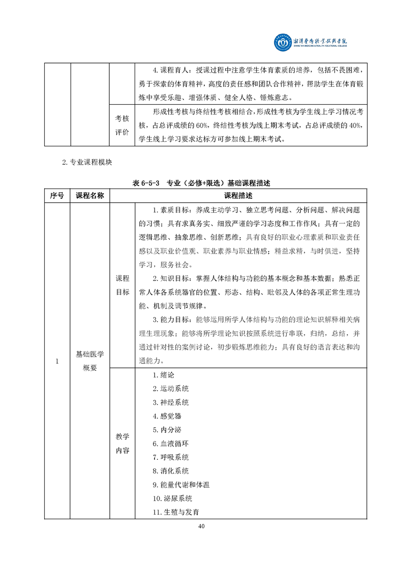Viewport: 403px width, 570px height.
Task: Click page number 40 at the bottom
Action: pos(202,526)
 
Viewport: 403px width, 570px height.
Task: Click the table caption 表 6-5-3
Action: pos(144,182)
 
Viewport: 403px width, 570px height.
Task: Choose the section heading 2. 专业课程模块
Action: pos(85,163)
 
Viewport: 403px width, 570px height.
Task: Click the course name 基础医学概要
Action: pos(89,361)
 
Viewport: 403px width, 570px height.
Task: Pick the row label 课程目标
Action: pos(122,285)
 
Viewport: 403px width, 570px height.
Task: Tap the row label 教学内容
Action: pos(122,444)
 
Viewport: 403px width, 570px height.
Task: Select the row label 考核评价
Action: pos(122,124)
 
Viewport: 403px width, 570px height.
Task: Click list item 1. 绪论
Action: pos(164,375)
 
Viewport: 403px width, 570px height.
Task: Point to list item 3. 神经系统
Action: pos(171,402)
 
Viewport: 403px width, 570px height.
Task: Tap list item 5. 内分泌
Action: pos(167,430)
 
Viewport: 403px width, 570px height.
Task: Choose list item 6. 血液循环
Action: pos(171,444)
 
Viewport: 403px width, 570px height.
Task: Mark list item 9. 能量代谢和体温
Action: pos(181,485)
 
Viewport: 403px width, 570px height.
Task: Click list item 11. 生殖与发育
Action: pos(176,512)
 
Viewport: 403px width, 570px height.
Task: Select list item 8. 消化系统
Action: pos(171,471)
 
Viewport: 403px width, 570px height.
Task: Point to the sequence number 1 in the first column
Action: pos(57,361)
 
